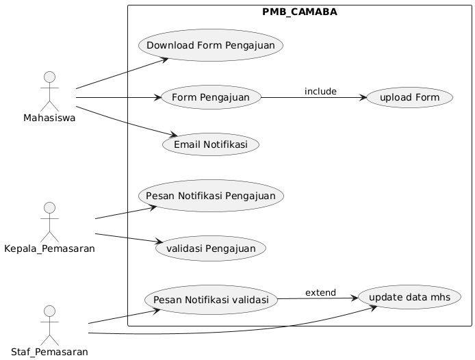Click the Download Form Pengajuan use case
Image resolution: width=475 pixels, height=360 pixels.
tap(211, 45)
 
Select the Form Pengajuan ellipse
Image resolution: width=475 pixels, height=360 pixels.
tap(211, 98)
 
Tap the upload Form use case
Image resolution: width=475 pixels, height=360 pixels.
tap(409, 98)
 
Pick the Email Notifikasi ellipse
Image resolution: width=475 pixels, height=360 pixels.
tap(211, 144)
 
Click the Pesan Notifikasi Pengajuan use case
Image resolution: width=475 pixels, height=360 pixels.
tap(211, 196)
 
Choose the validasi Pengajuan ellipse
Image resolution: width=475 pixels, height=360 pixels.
tap(211, 248)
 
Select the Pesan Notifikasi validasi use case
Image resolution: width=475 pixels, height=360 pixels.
tap(211, 300)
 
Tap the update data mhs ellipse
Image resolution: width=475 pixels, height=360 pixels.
tap(409, 297)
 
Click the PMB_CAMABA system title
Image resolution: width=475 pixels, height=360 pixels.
tap(300, 12)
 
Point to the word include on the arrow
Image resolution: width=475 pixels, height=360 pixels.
tap(320, 91)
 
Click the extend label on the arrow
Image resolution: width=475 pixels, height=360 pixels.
tap(320, 292)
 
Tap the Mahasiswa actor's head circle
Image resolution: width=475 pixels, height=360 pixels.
tap(50, 77)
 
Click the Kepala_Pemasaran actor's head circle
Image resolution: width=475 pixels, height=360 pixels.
tap(50, 208)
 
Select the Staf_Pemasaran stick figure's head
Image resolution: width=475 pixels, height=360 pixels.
tap(50, 311)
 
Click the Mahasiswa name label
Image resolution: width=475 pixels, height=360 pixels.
tap(49, 118)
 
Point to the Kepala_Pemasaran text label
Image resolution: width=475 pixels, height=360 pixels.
tap(49, 249)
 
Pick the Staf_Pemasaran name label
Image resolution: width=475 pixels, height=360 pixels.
tap(49, 352)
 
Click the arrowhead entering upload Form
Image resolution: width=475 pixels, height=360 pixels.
tap(363, 98)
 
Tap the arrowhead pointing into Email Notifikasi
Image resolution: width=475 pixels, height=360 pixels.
tap(173, 135)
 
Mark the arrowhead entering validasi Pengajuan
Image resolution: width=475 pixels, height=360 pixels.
tap(159, 242)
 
